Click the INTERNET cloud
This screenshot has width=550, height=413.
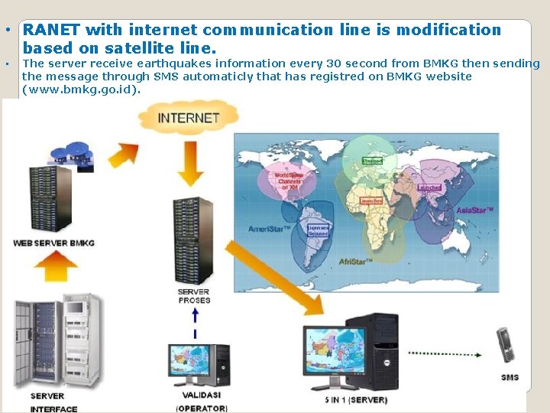click(189, 118)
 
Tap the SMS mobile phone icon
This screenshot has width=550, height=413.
click(504, 346)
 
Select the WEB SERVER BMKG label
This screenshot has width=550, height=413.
click(54, 243)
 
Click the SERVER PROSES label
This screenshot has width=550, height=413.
click(194, 296)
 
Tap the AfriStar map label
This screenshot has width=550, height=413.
click(355, 261)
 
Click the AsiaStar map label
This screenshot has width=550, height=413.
click(475, 210)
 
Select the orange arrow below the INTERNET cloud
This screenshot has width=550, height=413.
click(189, 164)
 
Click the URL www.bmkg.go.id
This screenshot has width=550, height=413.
click(82, 89)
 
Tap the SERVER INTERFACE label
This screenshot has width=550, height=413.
click(54, 402)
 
